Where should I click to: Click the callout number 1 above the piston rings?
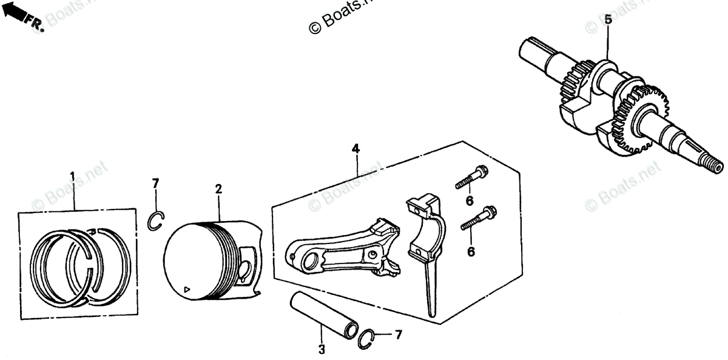72,177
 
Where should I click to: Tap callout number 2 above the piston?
218,189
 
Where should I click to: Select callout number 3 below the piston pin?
322,350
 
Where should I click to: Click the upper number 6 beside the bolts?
469,201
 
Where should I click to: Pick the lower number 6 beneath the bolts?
471,251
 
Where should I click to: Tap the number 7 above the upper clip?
155,183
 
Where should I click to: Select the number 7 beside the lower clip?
398,335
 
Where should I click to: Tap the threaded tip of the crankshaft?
713,165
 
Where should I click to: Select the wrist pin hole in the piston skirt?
245,267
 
